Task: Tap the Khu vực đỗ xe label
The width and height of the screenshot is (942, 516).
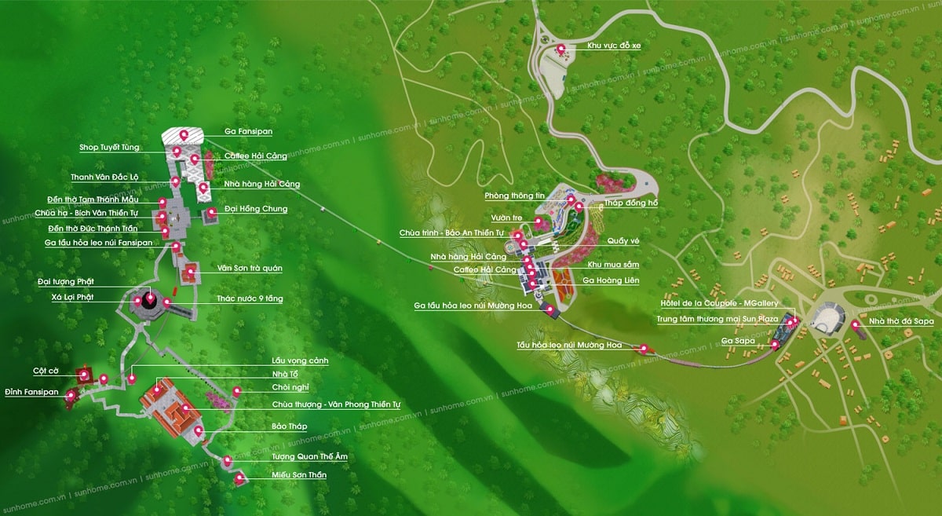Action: (614, 46)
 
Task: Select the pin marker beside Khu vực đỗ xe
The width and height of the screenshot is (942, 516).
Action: (560, 49)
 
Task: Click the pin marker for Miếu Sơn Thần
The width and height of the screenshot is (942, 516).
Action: (239, 478)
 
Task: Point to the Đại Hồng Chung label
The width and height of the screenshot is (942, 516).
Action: (256, 209)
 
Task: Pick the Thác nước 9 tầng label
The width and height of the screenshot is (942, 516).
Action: (250, 299)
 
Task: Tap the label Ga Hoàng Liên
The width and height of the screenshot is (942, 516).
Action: (611, 280)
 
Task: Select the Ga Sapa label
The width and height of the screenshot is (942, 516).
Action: (738, 341)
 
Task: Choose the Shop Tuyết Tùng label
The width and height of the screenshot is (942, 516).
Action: (109, 148)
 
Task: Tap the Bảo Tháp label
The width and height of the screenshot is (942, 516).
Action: (289, 426)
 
